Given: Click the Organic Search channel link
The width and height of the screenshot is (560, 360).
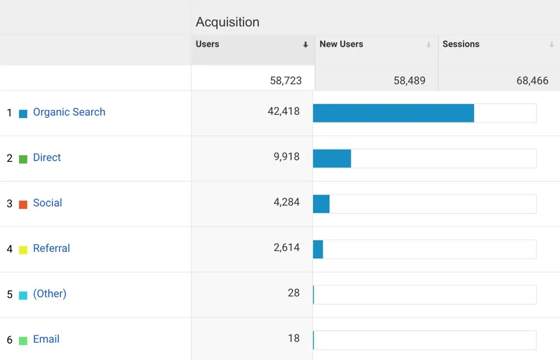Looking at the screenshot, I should (69, 112).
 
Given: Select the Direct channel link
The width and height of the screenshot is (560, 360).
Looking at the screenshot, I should (47, 157).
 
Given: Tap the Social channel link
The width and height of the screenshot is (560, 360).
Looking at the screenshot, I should (48, 203).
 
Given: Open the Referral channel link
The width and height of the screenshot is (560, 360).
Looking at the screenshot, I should (52, 248).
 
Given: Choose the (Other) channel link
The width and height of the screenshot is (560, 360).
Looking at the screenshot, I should (50, 293).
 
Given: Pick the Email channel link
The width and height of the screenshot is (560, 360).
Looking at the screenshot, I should (46, 339).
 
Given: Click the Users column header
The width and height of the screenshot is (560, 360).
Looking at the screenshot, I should (208, 44).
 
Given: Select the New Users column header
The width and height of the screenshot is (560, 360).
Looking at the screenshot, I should (341, 44).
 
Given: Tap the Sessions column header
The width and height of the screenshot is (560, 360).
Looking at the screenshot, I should (461, 44).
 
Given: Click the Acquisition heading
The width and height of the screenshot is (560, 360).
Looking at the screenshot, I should (227, 22).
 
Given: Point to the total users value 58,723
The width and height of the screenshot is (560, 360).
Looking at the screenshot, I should (286, 81).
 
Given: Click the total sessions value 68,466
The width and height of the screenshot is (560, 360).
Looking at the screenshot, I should (532, 81).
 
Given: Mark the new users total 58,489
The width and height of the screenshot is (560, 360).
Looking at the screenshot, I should (409, 81).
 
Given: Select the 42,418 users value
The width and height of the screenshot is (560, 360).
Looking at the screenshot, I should (283, 111).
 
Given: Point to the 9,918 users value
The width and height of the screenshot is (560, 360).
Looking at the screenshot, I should (287, 157).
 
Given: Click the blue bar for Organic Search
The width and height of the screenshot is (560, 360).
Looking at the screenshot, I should (393, 113).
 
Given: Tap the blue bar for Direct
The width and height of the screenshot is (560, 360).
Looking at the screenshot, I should (332, 158).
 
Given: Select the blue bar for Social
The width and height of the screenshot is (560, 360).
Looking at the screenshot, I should (321, 204).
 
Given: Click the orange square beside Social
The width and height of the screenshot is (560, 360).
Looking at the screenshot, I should (23, 204).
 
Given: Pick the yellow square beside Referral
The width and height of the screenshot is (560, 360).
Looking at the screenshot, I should (23, 250).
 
